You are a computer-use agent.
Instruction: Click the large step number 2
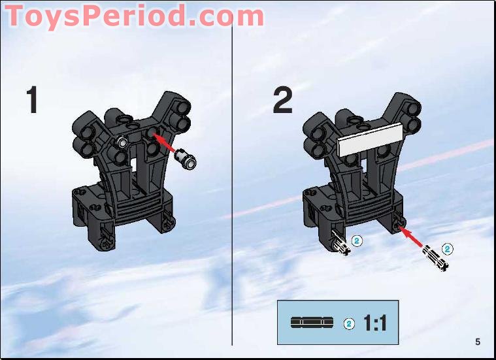coord(283,101)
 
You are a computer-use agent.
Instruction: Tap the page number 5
coord(478,341)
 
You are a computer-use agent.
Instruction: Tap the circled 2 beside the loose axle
coord(448,248)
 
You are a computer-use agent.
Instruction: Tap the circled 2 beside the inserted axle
coord(357,240)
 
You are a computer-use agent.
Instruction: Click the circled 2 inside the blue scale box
coord(348,323)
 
